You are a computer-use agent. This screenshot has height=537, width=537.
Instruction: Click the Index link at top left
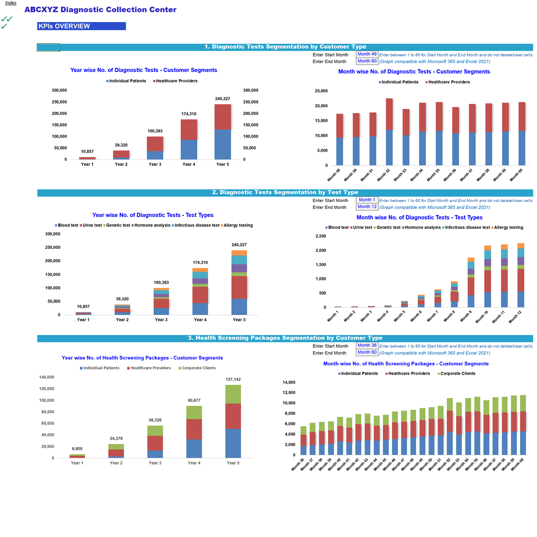[x=11, y=3]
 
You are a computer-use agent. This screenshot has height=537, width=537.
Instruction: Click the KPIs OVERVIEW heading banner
[x=81, y=26]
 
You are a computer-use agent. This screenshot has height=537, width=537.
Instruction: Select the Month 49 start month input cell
[x=367, y=54]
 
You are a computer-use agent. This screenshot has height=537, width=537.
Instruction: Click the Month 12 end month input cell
[x=367, y=207]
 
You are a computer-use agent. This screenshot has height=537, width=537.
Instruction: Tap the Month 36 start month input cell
[x=367, y=345]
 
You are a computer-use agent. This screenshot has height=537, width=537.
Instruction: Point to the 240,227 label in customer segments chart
[x=222, y=99]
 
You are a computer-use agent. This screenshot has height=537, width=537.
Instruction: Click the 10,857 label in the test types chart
[x=83, y=307]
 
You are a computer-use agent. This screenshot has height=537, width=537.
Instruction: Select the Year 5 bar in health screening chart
[x=233, y=421]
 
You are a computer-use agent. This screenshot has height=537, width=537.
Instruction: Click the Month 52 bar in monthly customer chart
[x=389, y=132]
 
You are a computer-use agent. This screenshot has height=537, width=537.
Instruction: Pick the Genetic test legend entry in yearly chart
[x=118, y=226]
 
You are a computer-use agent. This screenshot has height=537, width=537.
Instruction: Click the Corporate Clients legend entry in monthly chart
[x=457, y=374]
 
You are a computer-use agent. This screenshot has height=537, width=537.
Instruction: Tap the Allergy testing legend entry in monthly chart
[x=508, y=228]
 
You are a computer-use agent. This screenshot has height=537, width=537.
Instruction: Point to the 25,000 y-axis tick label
[x=321, y=91]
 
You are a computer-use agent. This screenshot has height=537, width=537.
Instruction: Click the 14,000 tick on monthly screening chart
[x=289, y=383]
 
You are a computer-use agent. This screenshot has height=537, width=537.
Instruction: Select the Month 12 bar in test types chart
[x=520, y=277]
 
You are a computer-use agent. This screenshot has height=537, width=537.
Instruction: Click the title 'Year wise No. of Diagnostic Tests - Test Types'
[x=153, y=215]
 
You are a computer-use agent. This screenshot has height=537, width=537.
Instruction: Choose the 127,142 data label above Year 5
[x=233, y=379]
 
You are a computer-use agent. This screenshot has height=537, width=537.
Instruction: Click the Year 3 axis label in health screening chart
[x=155, y=463]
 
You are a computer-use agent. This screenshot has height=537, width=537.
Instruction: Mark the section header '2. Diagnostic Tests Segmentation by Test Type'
[x=285, y=192]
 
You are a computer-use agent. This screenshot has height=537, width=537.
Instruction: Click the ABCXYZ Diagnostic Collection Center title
[x=100, y=10]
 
